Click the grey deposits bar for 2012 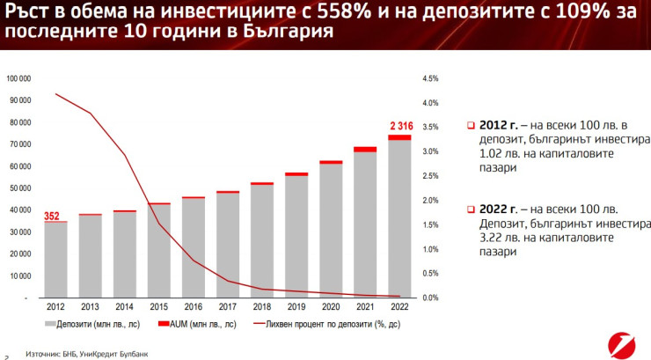tap(55, 260)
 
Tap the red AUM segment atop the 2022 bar tap(399, 137)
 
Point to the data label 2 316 tap(399, 125)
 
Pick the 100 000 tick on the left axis tap(18, 78)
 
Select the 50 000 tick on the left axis tap(20, 187)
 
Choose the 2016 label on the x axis tap(193, 308)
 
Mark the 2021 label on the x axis tap(365, 308)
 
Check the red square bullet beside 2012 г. tap(471, 125)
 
